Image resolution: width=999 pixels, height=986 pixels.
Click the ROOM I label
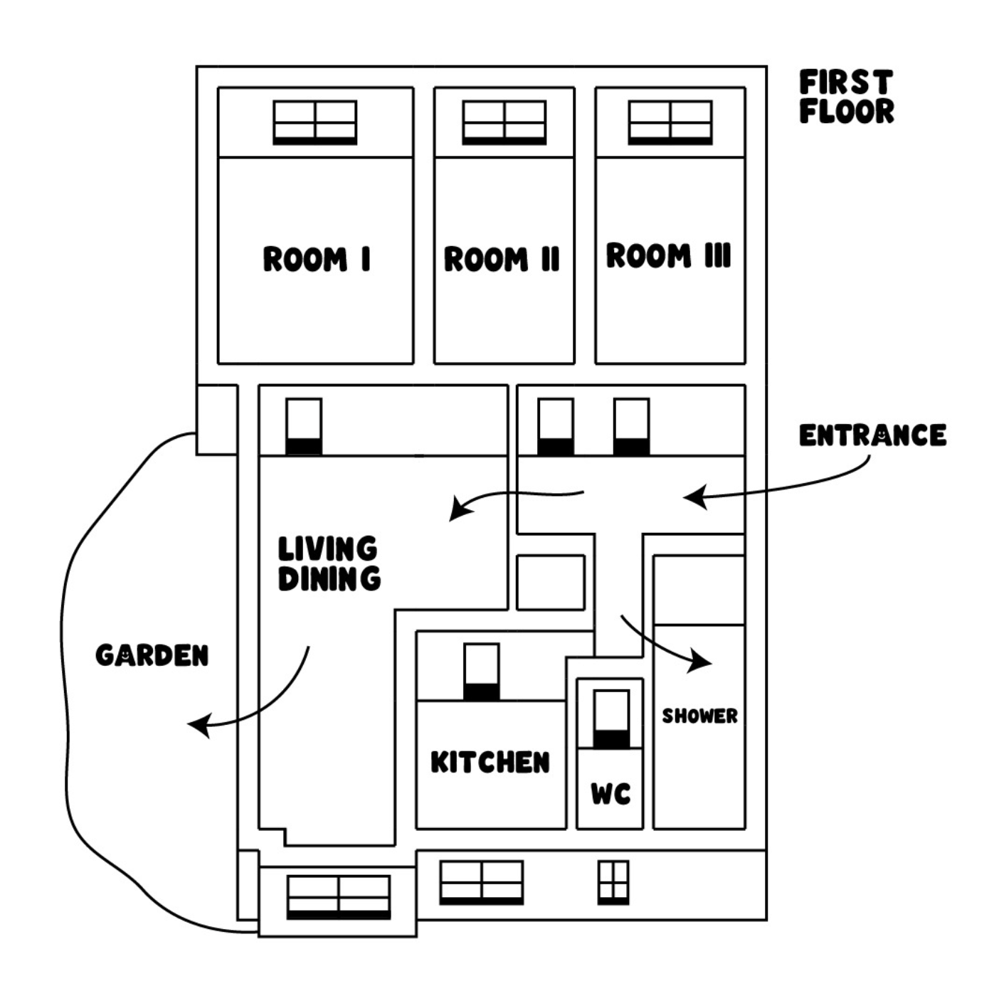pyautogui.click(x=317, y=259)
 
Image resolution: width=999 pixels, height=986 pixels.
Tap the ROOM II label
pyautogui.click(x=502, y=259)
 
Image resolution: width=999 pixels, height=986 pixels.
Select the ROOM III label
pyautogui.click(x=668, y=255)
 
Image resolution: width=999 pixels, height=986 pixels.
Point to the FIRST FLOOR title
pyautogui.click(x=846, y=97)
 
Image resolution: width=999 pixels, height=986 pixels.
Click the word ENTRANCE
pyautogui.click(x=872, y=435)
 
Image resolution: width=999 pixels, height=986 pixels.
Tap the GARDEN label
pyautogui.click(x=152, y=655)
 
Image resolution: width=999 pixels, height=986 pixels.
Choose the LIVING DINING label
pyautogui.click(x=329, y=563)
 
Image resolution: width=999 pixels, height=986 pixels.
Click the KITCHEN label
pyautogui.click(x=490, y=762)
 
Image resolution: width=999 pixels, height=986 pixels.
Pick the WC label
pyautogui.click(x=610, y=793)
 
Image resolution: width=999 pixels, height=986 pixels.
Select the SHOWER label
pyautogui.click(x=699, y=716)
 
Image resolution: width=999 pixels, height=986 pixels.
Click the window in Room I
pyautogui.click(x=315, y=122)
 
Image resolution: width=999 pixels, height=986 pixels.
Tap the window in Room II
pyautogui.click(x=504, y=122)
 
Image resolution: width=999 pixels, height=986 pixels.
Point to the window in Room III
pyautogui.click(x=670, y=122)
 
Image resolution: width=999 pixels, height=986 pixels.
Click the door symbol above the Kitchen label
pyautogui.click(x=481, y=672)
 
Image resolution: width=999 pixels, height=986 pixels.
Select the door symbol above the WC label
pyautogui.click(x=611, y=719)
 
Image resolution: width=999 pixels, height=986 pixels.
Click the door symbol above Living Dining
pyautogui.click(x=304, y=426)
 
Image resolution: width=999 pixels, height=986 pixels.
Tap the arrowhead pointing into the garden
pyautogui.click(x=199, y=726)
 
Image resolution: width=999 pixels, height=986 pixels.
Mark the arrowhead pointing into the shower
pyautogui.click(x=700, y=662)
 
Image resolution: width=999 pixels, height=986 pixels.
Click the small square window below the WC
pyautogui.click(x=613, y=882)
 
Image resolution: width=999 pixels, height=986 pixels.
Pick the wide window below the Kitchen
pyautogui.click(x=482, y=882)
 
